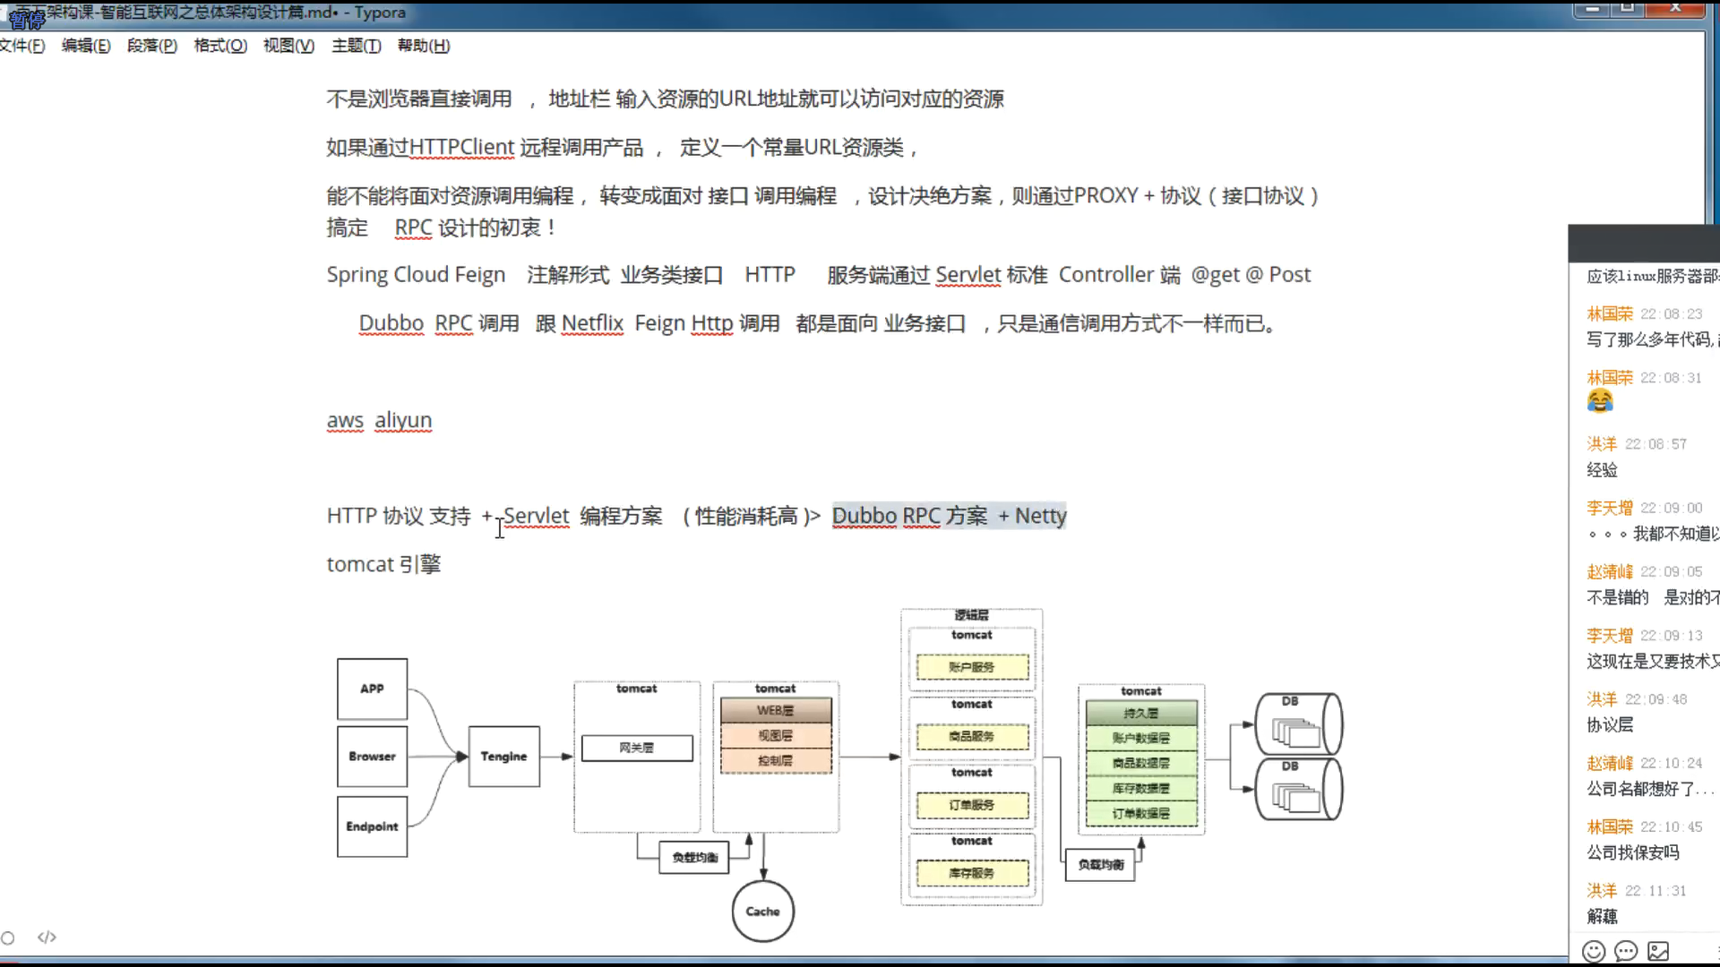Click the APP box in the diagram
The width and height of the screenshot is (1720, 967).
[x=372, y=689]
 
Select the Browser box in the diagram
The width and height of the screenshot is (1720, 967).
[x=372, y=757]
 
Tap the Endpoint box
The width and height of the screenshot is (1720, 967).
[x=372, y=826]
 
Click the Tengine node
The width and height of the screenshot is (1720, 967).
[x=503, y=757]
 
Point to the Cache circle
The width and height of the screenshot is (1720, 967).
[x=762, y=911]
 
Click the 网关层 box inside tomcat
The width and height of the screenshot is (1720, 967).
[x=637, y=748]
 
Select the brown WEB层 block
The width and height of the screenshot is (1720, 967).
[x=776, y=710]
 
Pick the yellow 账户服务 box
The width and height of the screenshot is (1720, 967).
[x=972, y=667]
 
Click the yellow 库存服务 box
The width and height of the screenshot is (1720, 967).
[x=972, y=873]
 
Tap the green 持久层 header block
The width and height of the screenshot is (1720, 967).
[x=1141, y=713]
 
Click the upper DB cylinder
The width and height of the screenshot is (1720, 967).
[x=1298, y=723]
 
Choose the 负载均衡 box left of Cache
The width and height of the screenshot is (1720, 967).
[x=694, y=857]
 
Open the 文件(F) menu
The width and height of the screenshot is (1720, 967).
[x=22, y=46]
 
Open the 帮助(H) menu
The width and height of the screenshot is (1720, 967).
[x=424, y=46]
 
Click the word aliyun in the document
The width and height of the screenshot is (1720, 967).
[x=403, y=420]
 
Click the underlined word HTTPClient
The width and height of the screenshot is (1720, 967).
[x=461, y=147]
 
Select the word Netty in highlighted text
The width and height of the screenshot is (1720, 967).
[x=1040, y=516]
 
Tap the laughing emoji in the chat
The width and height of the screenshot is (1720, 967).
[x=1600, y=401]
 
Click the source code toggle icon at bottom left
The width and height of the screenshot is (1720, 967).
[x=47, y=937]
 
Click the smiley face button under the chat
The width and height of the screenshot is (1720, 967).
[x=1594, y=951]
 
